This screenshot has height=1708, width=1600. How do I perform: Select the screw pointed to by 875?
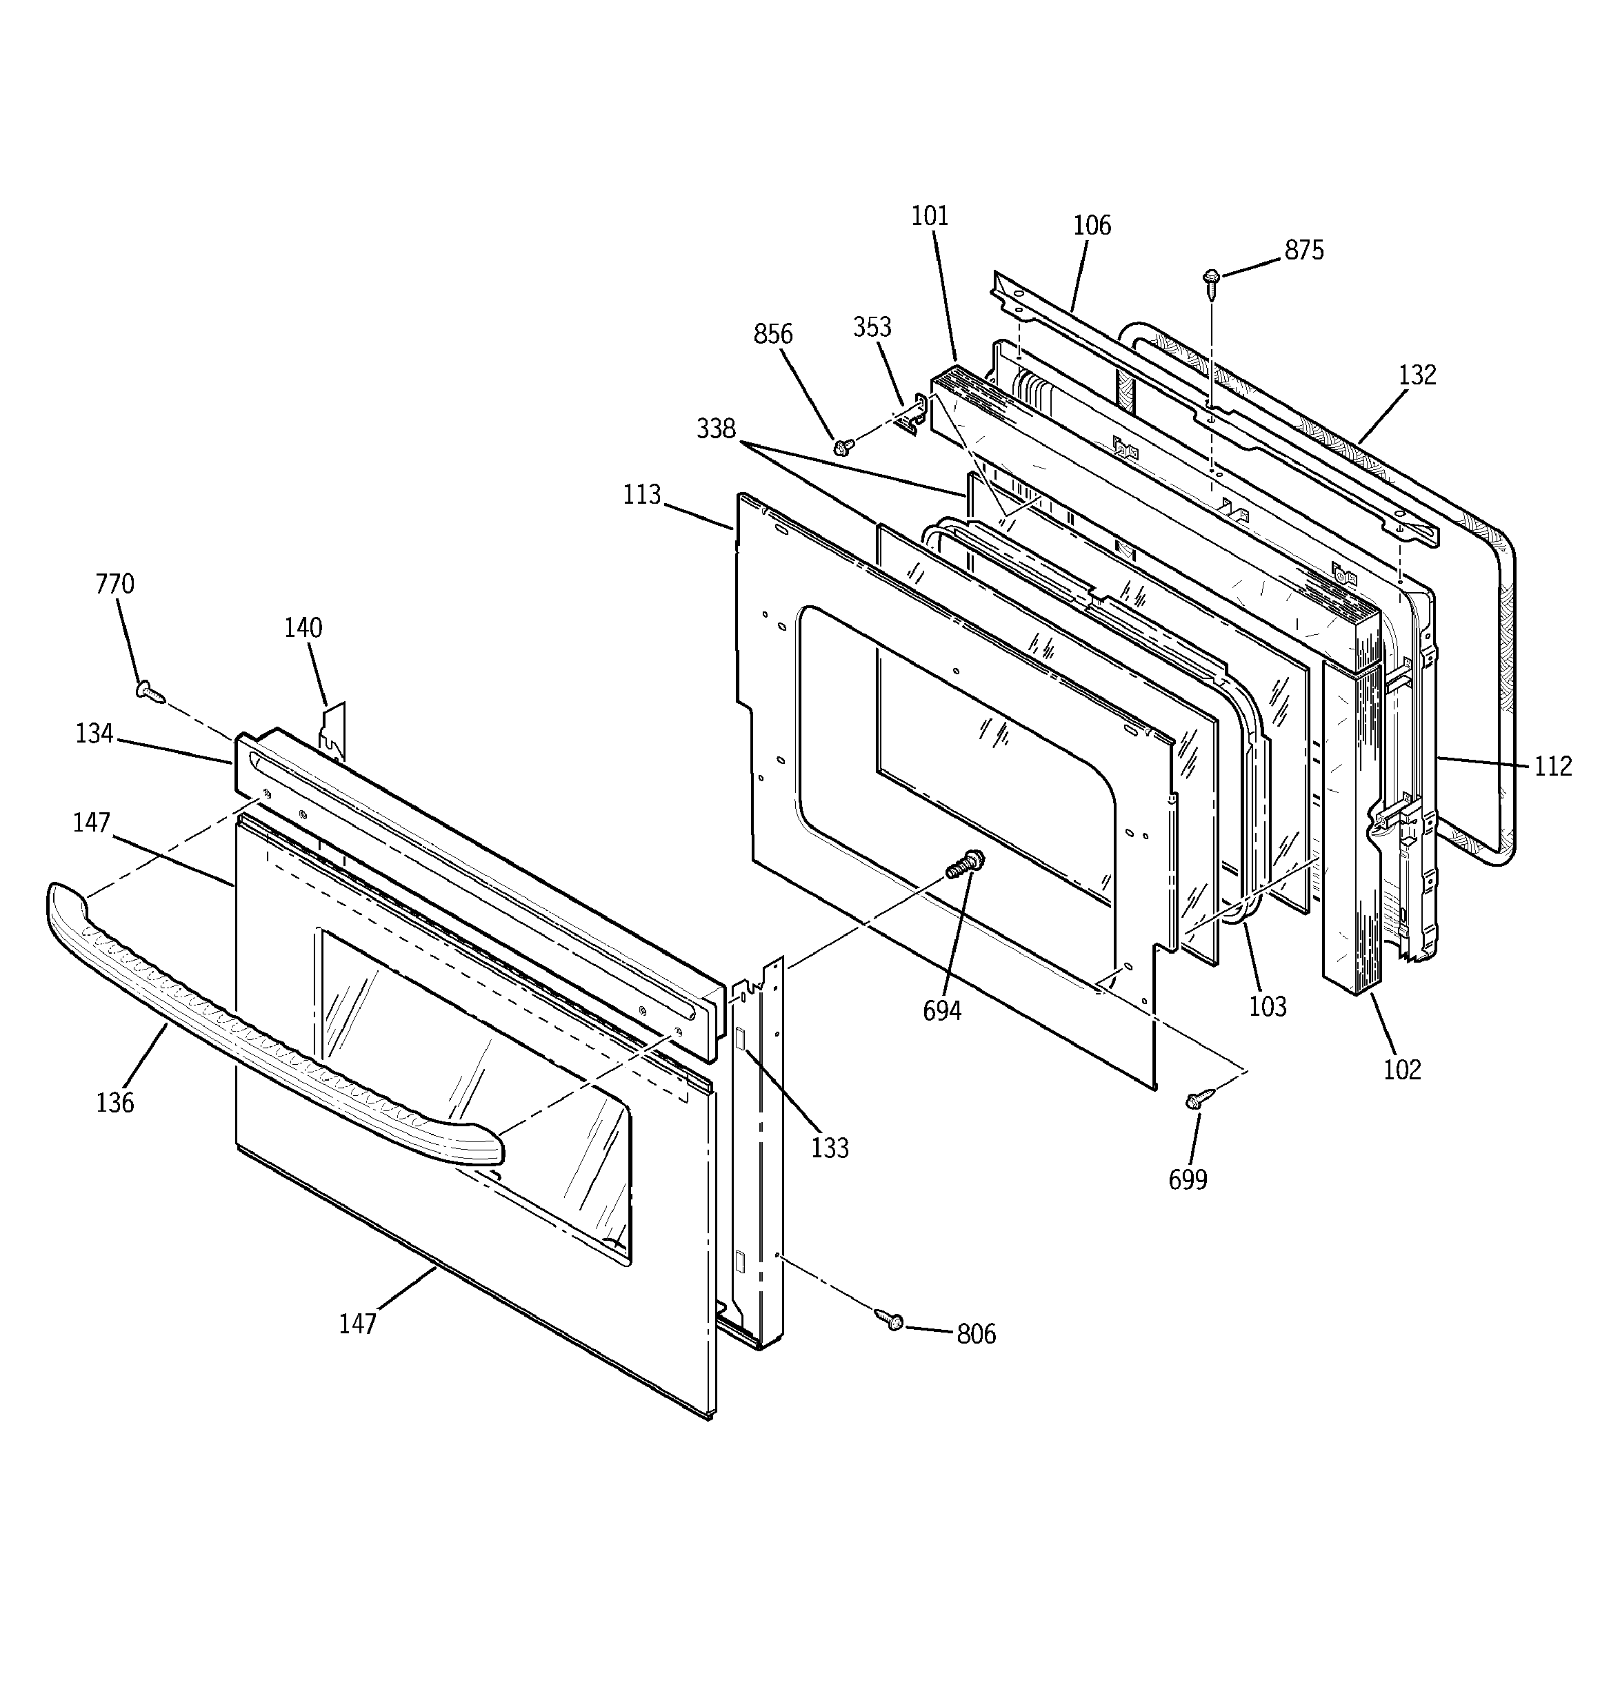[x=1212, y=279]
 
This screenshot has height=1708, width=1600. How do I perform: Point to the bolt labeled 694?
[x=966, y=863]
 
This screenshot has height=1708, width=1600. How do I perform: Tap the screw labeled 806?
[x=890, y=1319]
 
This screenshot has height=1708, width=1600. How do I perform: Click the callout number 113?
[x=642, y=495]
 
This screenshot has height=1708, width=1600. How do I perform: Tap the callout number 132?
[x=1417, y=375]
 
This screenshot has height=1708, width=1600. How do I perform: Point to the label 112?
[x=1553, y=765]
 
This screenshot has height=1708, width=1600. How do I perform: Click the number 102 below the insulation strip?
[x=1401, y=1070]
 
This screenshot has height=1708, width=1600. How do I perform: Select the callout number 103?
[x=1268, y=1006]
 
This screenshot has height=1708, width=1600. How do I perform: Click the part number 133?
[x=830, y=1148]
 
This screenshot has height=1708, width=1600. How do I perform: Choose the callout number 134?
[x=94, y=734]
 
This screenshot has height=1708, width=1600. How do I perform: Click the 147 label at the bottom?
[x=357, y=1324]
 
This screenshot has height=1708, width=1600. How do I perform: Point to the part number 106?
[x=1092, y=226]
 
